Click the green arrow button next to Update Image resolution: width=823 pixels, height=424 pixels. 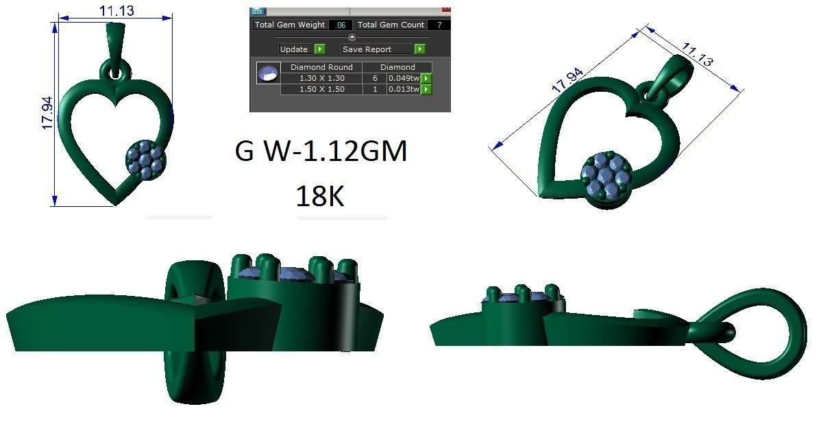[x=319, y=49]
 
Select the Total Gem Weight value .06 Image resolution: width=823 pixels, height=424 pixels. [x=341, y=25]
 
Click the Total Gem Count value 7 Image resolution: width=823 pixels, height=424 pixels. [x=439, y=25]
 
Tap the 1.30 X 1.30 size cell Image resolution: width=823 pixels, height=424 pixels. [x=321, y=78]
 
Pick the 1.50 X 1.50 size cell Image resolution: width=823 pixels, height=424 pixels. [x=321, y=89]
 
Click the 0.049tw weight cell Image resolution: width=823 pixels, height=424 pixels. [x=403, y=78]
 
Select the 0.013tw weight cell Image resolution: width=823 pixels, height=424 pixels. [x=403, y=89]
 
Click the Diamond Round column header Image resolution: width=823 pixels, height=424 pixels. [x=321, y=67]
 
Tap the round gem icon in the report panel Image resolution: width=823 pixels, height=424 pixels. [x=268, y=73]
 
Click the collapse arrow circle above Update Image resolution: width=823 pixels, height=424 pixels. [x=352, y=37]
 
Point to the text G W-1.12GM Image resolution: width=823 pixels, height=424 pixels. [x=321, y=151]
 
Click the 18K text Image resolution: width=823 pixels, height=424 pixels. [x=319, y=197]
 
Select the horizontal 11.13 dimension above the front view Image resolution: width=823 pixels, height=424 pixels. [x=116, y=10]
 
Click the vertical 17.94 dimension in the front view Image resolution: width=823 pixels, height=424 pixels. [x=47, y=113]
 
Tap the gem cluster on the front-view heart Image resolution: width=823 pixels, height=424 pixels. [x=145, y=160]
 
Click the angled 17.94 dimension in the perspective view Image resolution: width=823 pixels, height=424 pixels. [x=567, y=80]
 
